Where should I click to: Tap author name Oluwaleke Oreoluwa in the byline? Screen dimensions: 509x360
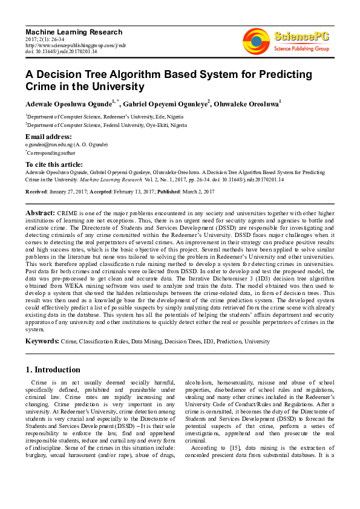click(245, 105)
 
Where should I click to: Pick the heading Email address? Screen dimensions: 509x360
click(48, 137)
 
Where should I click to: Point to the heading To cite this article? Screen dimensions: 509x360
click(54, 164)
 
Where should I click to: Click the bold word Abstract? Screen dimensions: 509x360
click(40, 214)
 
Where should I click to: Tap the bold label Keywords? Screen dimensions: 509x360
click(42, 342)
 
